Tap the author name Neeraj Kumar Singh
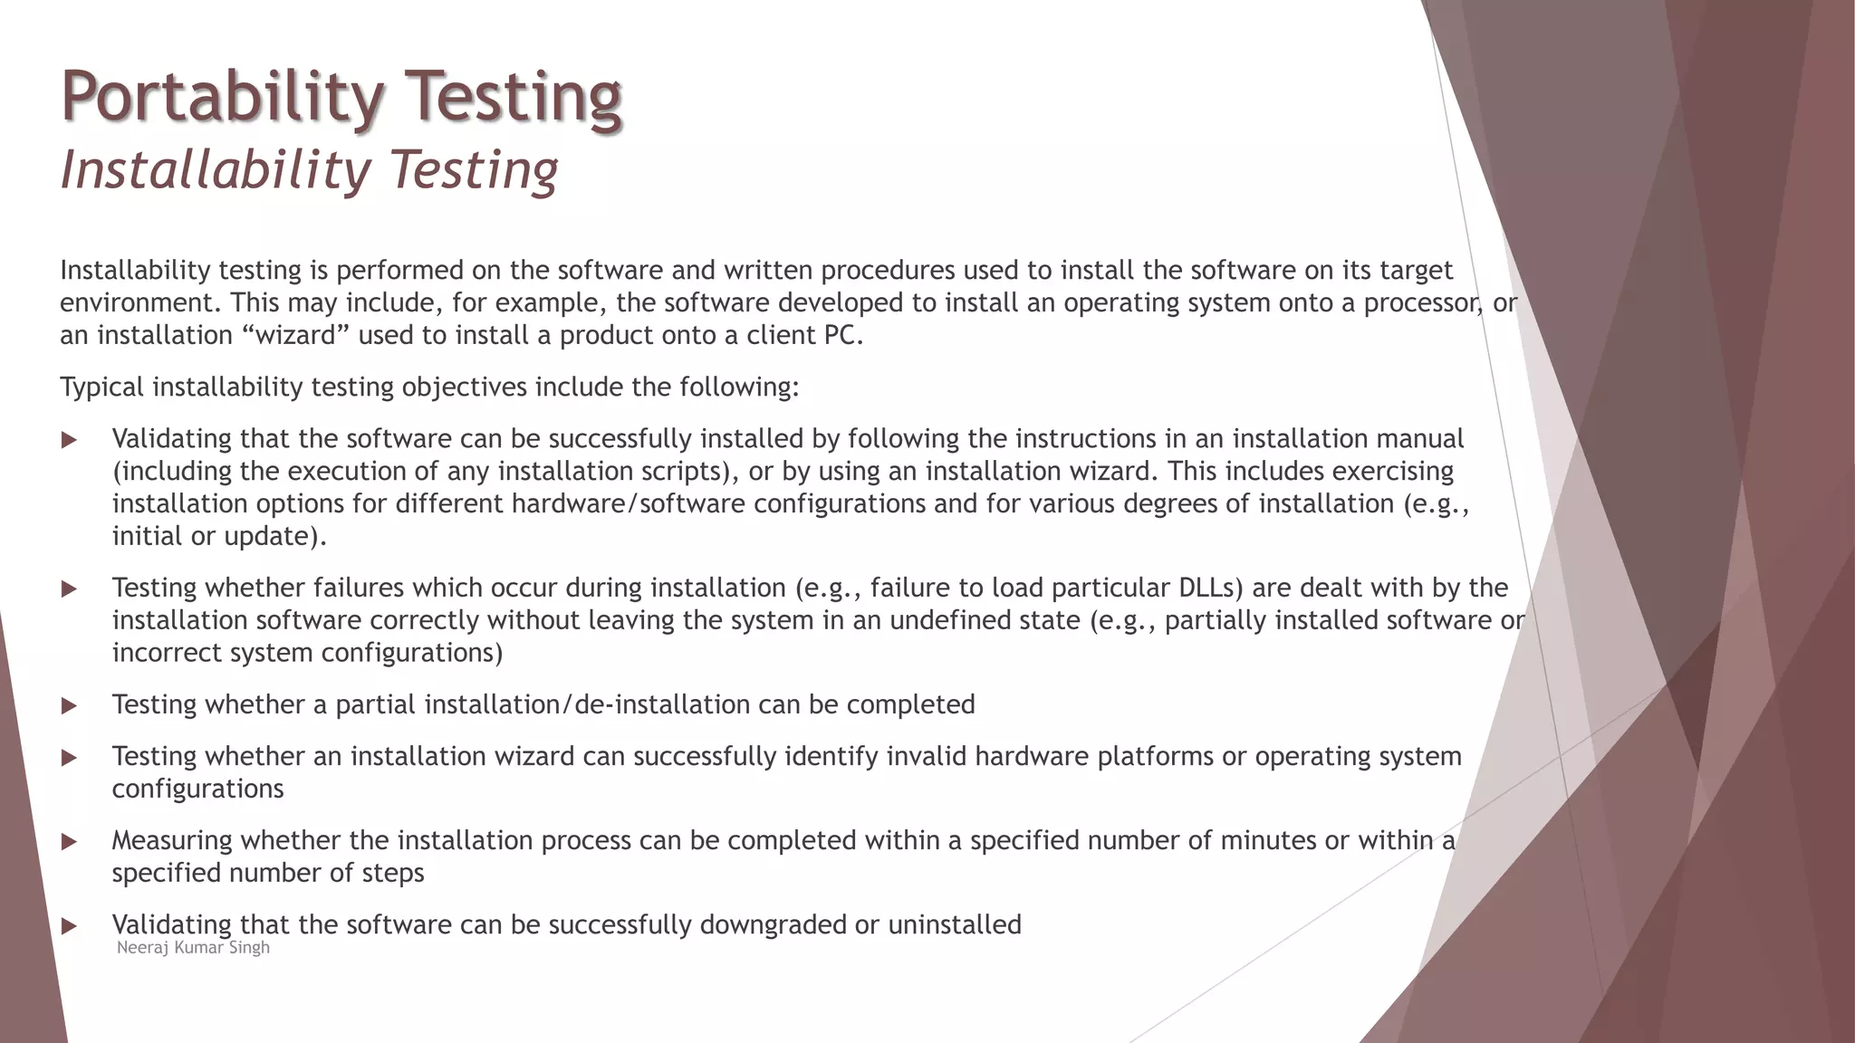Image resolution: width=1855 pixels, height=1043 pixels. pos(193,948)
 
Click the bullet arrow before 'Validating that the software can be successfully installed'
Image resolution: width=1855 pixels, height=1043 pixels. pos(69,440)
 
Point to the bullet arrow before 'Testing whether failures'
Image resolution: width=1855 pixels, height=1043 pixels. pos(69,589)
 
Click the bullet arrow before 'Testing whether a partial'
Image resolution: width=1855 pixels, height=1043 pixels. pos(69,706)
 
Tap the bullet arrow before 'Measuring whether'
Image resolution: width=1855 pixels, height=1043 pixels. pos(69,842)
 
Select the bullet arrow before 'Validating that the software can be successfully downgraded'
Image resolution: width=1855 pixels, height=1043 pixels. pos(69,926)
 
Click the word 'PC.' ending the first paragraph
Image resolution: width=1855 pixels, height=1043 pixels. pos(843,336)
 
